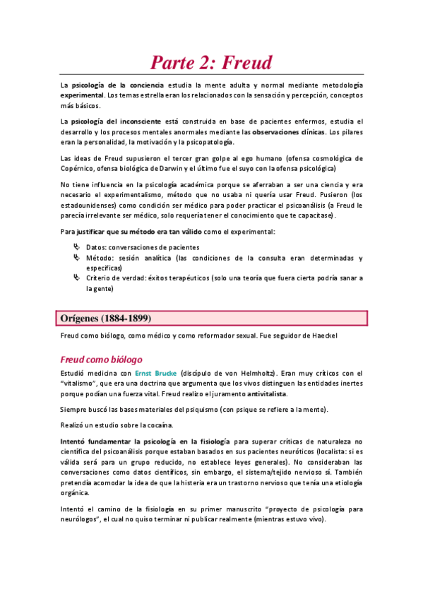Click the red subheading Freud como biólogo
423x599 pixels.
coord(102,358)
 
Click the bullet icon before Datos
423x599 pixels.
coord(76,247)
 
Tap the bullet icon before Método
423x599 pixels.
coord(76,258)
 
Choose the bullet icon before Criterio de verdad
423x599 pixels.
coord(76,278)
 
